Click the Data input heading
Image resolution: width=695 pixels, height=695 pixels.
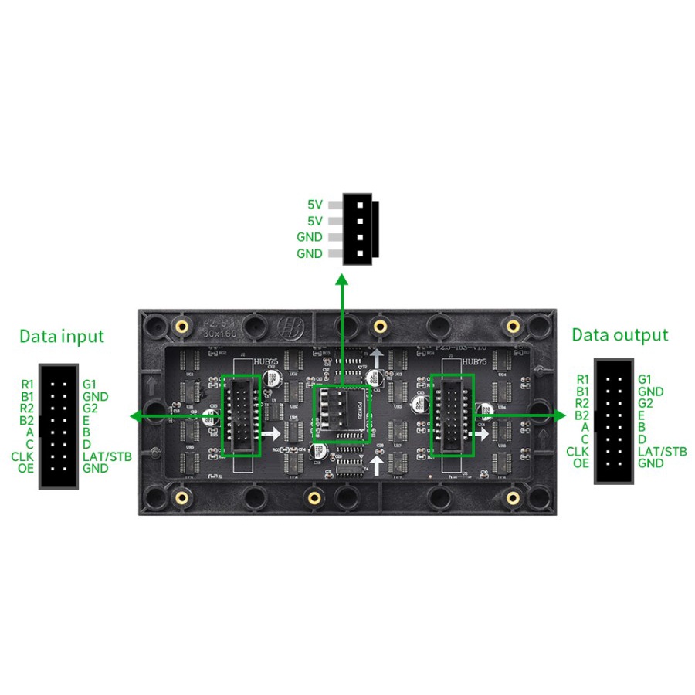(x=62, y=336)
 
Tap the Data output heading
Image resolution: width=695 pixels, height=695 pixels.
(x=619, y=335)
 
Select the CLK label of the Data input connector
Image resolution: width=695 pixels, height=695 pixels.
(x=22, y=456)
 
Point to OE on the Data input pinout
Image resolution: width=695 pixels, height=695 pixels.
(x=25, y=468)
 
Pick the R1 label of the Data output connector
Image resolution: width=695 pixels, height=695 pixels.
(x=582, y=379)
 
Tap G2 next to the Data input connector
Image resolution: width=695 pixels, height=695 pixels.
(x=90, y=408)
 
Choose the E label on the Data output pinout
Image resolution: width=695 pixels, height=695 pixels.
(x=642, y=415)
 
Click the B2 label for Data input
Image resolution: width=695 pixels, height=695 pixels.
(x=26, y=420)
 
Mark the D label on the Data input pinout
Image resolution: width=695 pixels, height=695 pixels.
(x=86, y=444)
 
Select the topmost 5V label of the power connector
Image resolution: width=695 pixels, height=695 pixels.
(x=314, y=205)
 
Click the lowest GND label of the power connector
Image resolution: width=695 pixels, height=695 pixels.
(x=310, y=253)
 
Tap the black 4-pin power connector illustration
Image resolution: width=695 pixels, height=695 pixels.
(x=360, y=228)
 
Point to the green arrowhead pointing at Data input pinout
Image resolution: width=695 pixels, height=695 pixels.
(x=136, y=416)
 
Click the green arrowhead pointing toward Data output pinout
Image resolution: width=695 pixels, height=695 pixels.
(x=560, y=415)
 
